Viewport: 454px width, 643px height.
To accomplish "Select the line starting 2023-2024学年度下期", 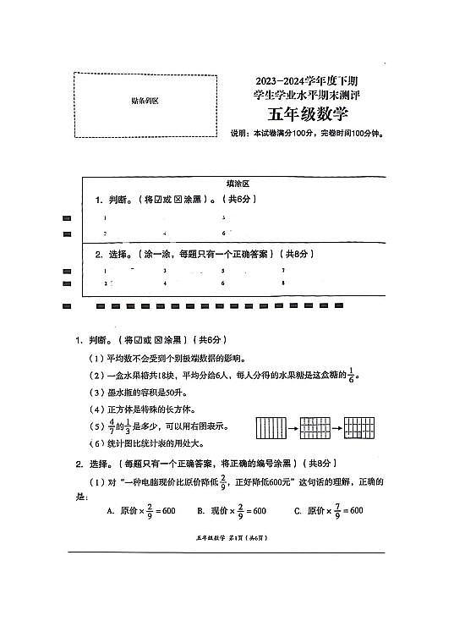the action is point(306,80).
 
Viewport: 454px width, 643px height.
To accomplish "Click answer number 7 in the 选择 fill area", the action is point(282,270).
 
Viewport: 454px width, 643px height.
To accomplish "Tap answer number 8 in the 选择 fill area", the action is point(282,283).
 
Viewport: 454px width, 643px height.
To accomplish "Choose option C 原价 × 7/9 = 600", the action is point(328,510).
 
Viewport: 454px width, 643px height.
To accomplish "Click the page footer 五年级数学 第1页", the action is point(225,538).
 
